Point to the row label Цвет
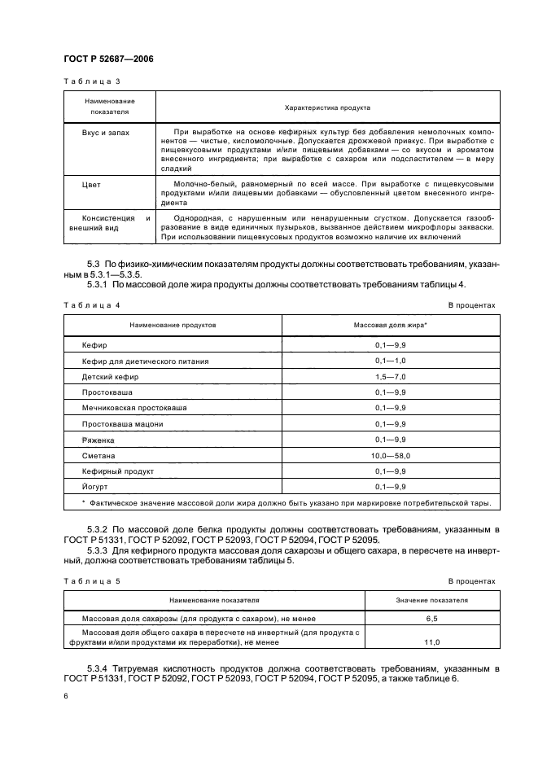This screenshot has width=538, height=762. (91, 185)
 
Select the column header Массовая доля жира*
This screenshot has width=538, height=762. (391, 324)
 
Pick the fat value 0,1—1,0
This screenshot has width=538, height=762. (391, 361)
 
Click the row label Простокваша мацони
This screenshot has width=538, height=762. (122, 423)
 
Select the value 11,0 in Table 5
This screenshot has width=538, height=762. (431, 642)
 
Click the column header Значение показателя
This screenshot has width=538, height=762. (431, 599)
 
